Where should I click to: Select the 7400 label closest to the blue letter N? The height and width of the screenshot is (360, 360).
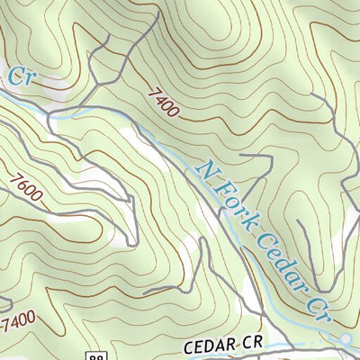click(159, 102)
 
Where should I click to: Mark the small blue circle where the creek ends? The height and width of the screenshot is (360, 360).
click(346, 338)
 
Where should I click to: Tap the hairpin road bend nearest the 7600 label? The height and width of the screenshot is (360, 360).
click(132, 241)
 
